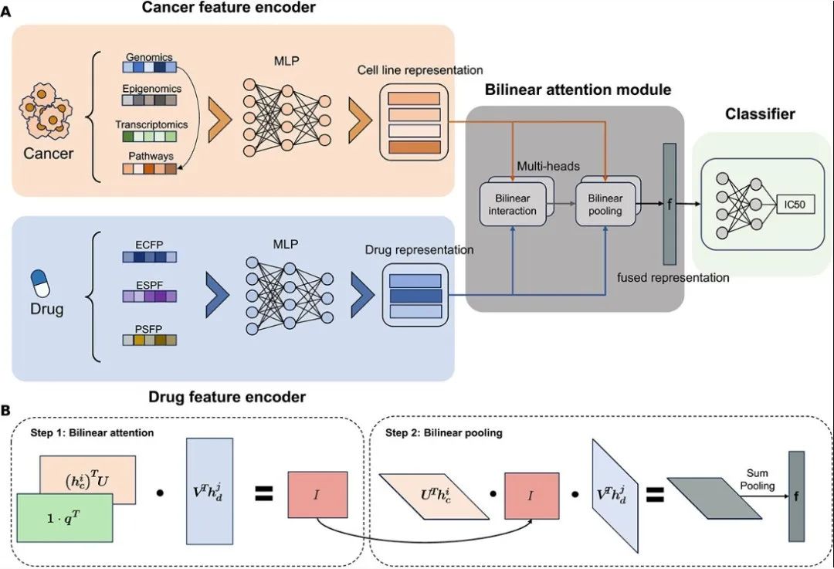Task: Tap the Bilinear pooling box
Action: pos(605,205)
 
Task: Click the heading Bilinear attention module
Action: pos(578,90)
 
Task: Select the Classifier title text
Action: pos(759,114)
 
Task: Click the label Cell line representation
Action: pos(419,70)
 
